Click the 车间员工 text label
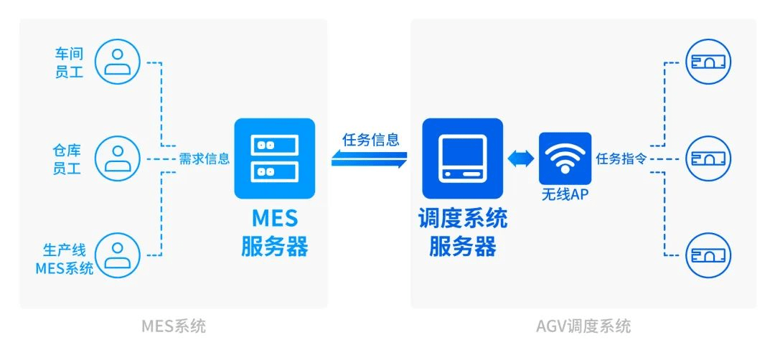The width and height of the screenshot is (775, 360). point(70,62)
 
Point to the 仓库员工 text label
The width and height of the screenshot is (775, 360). point(70,158)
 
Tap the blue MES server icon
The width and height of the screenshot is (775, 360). point(275,158)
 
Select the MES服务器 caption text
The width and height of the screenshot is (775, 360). point(275,232)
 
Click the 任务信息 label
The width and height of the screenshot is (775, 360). point(370,141)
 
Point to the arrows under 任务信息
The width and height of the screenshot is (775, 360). point(370,158)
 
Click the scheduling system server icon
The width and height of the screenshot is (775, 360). point(462,158)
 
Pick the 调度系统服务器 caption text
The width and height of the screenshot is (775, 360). point(463,232)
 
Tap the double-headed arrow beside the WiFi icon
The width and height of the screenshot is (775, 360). point(521,158)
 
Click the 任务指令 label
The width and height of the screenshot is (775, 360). point(621,159)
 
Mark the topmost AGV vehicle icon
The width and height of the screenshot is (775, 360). point(709,62)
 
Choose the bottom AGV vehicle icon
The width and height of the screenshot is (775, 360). point(709,255)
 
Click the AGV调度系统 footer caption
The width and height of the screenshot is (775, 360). point(583,326)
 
